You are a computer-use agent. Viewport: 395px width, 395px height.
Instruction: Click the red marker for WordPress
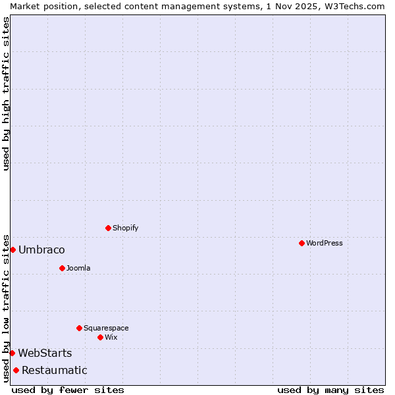pyautogui.click(x=302, y=243)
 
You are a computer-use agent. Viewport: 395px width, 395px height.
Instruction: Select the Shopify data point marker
pyautogui.click(x=108, y=228)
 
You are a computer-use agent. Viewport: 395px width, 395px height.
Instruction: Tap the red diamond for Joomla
pyautogui.click(x=62, y=268)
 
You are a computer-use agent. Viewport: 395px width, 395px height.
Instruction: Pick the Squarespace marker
pyautogui.click(x=79, y=328)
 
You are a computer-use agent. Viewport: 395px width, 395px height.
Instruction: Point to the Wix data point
pyautogui.click(x=100, y=337)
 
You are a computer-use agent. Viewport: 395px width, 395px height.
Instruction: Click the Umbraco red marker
pyautogui.click(x=13, y=250)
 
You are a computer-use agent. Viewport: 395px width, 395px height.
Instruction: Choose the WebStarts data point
pyautogui.click(x=12, y=353)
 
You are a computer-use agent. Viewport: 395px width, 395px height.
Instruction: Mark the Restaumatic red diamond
pyautogui.click(x=16, y=370)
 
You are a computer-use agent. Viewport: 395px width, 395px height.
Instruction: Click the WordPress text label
pyautogui.click(x=325, y=243)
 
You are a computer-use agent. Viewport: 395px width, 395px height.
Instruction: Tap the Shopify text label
pyautogui.click(x=126, y=228)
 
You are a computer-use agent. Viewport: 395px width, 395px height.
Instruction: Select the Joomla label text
pyautogui.click(x=78, y=268)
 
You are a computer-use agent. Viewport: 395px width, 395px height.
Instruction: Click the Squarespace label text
pyautogui.click(x=106, y=328)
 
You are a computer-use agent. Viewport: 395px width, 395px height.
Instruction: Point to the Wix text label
pyautogui.click(x=111, y=337)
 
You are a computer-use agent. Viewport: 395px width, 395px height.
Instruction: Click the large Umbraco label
pyautogui.click(x=41, y=250)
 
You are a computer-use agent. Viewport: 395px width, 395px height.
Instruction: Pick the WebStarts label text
pyautogui.click(x=45, y=353)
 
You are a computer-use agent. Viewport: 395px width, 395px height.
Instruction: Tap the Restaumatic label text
pyautogui.click(x=55, y=370)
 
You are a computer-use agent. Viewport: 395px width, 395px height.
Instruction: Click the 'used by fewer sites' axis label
pyautogui.click(x=68, y=390)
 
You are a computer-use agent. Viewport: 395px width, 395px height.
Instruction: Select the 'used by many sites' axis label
pyautogui.click(x=330, y=390)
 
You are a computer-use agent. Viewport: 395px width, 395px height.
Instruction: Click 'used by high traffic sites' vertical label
pyautogui.click(x=6, y=93)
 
